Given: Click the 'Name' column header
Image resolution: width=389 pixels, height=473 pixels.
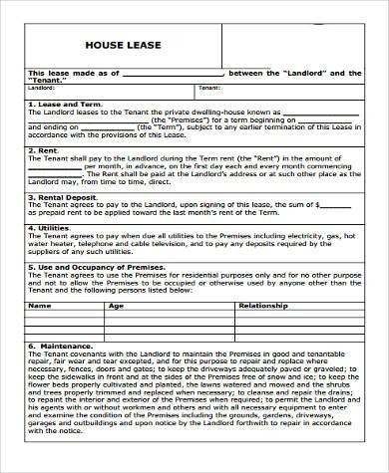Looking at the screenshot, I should tap(40, 307).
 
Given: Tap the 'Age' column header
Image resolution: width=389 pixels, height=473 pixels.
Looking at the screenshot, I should tap(115, 307).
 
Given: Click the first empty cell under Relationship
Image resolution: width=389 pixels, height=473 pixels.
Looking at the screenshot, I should tap(299, 318).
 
